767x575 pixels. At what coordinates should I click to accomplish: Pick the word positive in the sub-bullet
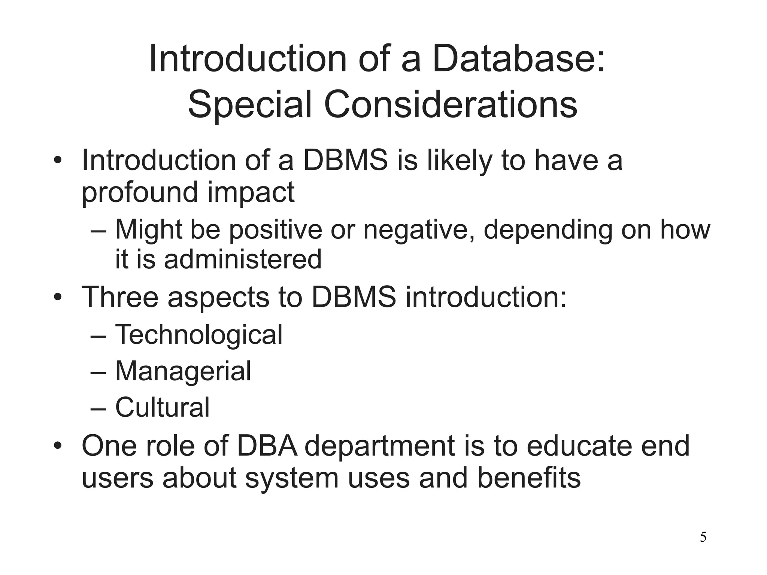click(x=275, y=229)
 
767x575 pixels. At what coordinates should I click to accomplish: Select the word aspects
click(x=218, y=298)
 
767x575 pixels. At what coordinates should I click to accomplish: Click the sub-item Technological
click(x=198, y=334)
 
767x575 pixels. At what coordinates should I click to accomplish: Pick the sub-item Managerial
click(x=183, y=371)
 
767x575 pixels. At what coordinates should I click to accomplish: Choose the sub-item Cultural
click(x=162, y=407)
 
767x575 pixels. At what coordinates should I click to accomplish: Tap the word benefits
click(x=529, y=478)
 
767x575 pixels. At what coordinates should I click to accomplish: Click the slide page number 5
click(x=703, y=538)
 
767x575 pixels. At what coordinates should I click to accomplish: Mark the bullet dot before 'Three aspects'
click(x=57, y=298)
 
